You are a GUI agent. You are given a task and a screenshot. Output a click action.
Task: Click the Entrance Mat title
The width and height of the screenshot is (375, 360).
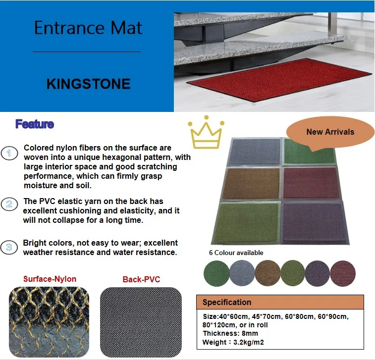point(88,28)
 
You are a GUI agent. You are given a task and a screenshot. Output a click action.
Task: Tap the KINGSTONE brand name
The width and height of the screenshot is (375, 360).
point(88,84)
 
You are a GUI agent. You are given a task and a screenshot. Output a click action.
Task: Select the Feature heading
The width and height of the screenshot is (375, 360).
point(34,124)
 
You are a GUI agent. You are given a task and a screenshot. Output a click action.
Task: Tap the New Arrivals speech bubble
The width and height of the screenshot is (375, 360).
point(330,132)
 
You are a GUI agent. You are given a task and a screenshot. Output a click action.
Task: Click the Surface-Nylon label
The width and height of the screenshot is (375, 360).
point(50,279)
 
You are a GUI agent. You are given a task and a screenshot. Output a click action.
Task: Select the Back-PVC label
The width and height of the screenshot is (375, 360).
point(141,279)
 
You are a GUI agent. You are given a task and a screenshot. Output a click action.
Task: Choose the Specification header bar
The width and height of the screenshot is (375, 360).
point(280,302)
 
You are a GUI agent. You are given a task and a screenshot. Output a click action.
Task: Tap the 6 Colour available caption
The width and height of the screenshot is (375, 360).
point(236,253)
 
